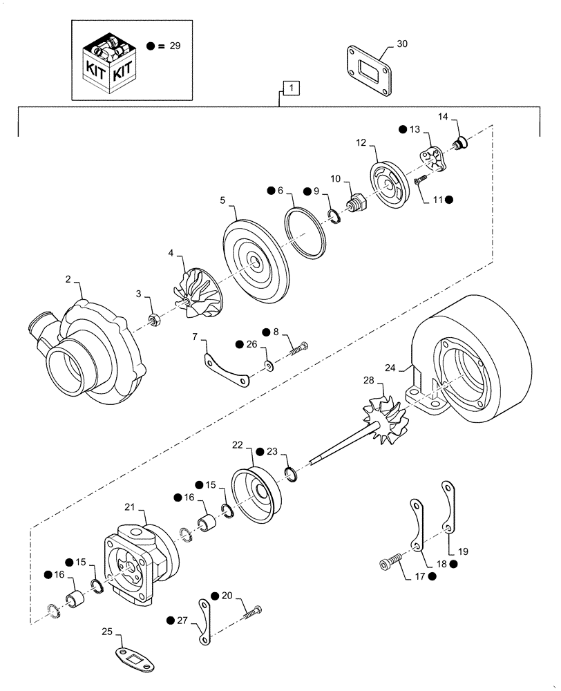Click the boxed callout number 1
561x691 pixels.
pyautogui.click(x=292, y=88)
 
